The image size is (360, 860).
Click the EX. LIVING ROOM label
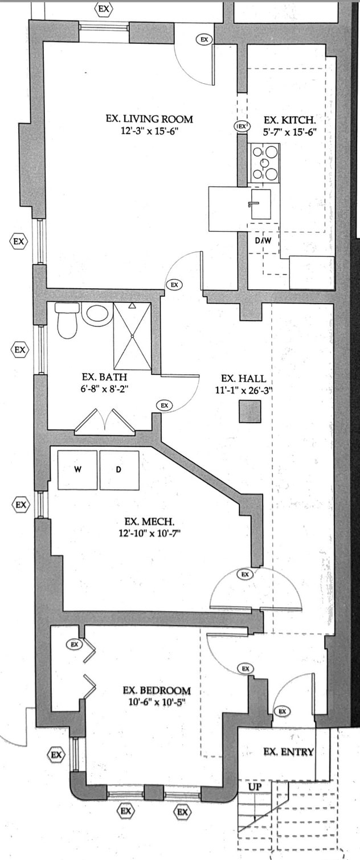pyautogui.click(x=149, y=119)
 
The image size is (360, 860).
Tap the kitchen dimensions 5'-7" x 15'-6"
pyautogui.click(x=290, y=133)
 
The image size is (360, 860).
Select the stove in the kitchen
pyautogui.click(x=264, y=163)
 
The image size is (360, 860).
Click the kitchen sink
pyautogui.click(x=260, y=204)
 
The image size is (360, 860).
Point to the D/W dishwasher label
pyautogui.click(x=263, y=241)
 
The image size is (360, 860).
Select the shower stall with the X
pyautogui.click(x=132, y=337)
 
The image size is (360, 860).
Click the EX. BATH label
pyautogui.click(x=104, y=377)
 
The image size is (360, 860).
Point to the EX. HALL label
pyautogui.click(x=243, y=379)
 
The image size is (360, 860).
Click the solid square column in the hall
pyautogui.click(x=250, y=411)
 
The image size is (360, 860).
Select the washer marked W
pyautogui.click(x=77, y=469)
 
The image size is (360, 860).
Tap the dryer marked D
pyautogui.click(x=119, y=469)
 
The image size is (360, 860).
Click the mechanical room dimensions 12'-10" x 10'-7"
pyautogui.click(x=150, y=533)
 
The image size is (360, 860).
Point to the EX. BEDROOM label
pyautogui.click(x=157, y=691)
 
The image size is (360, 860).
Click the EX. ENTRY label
pyautogui.click(x=289, y=752)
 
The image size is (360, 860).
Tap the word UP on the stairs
pyautogui.click(x=255, y=787)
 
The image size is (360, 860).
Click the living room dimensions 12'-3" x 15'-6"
pyautogui.click(x=150, y=132)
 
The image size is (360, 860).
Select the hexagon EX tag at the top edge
pyautogui.click(x=104, y=9)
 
